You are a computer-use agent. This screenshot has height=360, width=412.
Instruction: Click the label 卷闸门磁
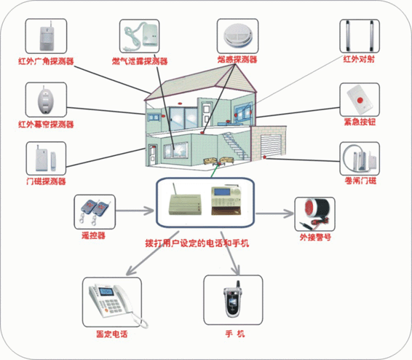(x=360, y=179)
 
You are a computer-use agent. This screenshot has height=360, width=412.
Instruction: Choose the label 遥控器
(x=93, y=235)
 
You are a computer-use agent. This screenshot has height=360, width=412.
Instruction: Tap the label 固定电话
(x=111, y=334)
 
